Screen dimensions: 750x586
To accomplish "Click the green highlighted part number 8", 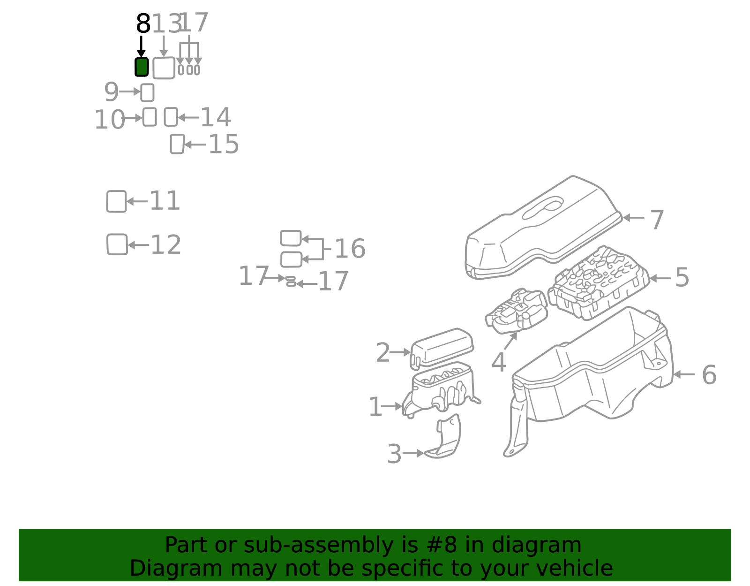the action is click(x=142, y=67).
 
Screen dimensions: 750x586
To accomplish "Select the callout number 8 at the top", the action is click(x=143, y=23).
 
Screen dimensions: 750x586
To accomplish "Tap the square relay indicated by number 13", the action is click(x=164, y=68).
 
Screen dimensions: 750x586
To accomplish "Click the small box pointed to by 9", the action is click(x=147, y=92).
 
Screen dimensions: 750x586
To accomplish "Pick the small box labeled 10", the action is click(x=150, y=117).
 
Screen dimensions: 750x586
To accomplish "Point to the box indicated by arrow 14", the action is click(x=171, y=117).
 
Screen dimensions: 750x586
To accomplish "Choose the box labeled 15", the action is click(x=177, y=144).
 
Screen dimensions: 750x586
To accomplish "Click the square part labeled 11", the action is click(x=116, y=201).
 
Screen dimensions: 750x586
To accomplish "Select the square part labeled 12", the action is click(x=117, y=244).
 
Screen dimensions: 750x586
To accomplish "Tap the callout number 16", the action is click(x=350, y=249).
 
